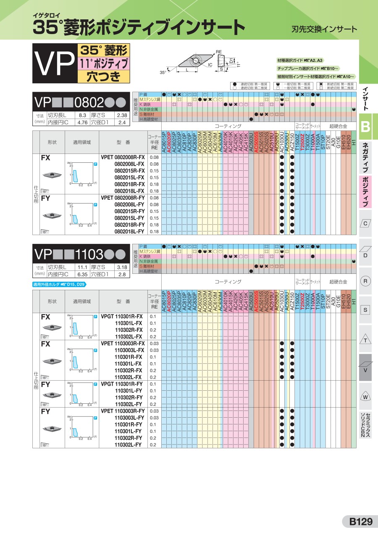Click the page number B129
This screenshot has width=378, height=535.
[x=361, y=522]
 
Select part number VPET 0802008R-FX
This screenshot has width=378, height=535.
[x=123, y=157]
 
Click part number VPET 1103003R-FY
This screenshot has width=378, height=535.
[x=123, y=411]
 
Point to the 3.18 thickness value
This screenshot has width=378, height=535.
[x=122, y=267]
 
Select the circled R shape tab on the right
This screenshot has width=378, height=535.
[x=365, y=281]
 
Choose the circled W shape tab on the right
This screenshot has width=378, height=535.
[x=365, y=397]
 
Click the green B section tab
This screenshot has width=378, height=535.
[x=365, y=127]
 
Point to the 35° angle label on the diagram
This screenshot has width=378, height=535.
[x=163, y=72]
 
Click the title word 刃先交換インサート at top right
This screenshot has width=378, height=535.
[x=324, y=29]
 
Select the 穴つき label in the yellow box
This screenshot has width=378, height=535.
[x=103, y=77]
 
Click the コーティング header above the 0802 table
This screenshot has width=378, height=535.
[x=228, y=126]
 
